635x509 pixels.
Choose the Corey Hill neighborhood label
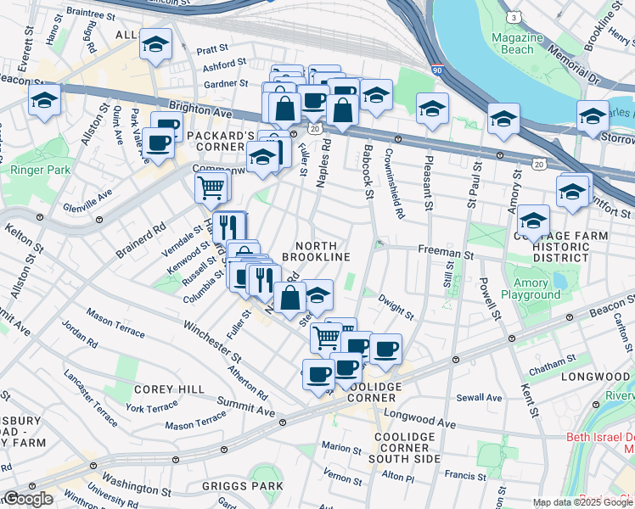[x=168, y=389]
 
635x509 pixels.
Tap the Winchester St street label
[x=206, y=337]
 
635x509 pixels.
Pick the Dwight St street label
[x=396, y=306]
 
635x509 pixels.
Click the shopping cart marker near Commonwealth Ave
[x=211, y=187]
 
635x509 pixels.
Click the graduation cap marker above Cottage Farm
[x=533, y=221]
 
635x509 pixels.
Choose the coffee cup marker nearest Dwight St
[x=385, y=348]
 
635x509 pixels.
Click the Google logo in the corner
[x=28, y=499]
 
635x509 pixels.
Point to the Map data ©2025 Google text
[x=583, y=502]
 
